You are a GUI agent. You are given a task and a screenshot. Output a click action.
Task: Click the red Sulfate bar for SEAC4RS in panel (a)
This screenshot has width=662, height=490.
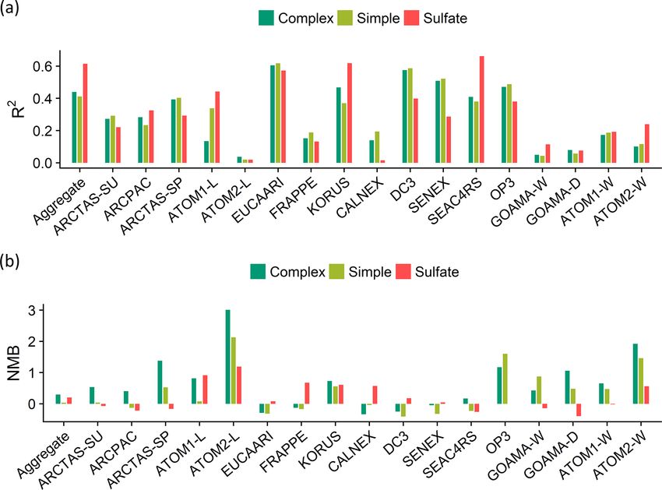click(x=482, y=110)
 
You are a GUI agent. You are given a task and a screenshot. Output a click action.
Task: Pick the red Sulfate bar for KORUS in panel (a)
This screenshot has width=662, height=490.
click(x=349, y=114)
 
